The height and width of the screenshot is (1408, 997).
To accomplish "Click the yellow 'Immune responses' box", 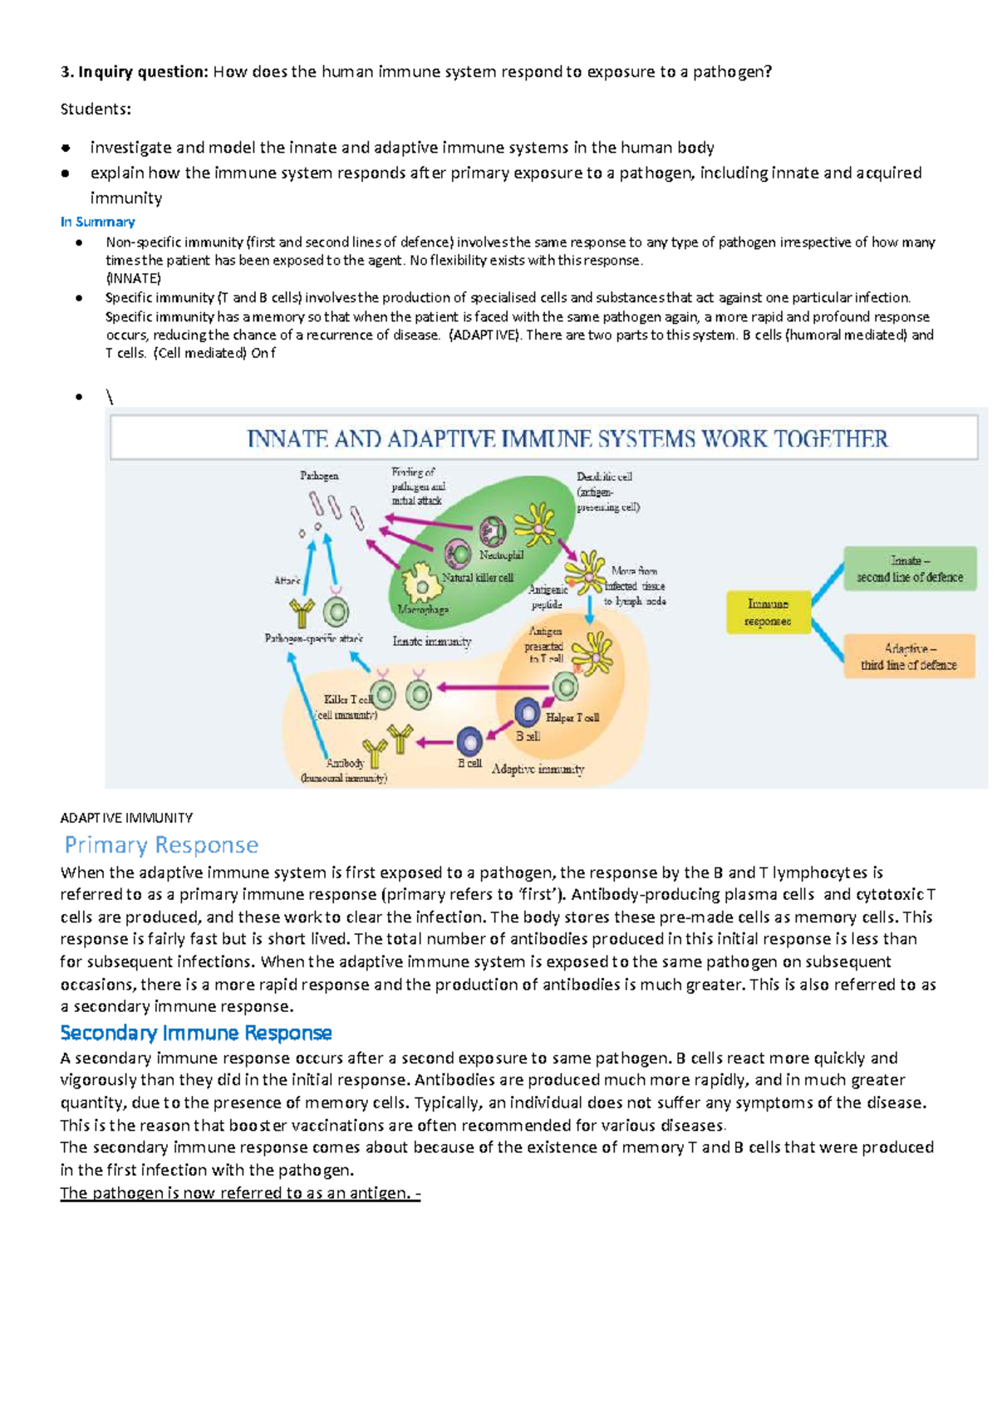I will pyautogui.click(x=768, y=612).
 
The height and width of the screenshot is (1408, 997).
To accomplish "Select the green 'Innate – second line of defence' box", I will pyautogui.click(x=910, y=569).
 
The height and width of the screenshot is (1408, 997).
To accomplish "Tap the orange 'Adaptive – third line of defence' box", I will pyautogui.click(x=909, y=657).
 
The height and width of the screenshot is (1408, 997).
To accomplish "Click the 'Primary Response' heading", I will pyautogui.click(x=161, y=845).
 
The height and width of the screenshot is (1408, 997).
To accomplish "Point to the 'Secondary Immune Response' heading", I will pyautogui.click(x=196, y=1033).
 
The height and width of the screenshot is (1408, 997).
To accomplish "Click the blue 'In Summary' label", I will pyautogui.click(x=97, y=222).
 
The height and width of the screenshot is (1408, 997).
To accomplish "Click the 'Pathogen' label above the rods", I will pyautogui.click(x=319, y=476).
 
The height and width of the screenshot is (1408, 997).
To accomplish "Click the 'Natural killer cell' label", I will pyautogui.click(x=478, y=577).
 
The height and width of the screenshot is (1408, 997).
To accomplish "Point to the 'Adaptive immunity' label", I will pyautogui.click(x=538, y=769).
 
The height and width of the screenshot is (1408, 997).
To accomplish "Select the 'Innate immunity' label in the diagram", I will pyautogui.click(x=431, y=641).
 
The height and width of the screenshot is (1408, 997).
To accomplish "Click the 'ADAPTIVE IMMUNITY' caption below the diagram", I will pyautogui.click(x=126, y=818).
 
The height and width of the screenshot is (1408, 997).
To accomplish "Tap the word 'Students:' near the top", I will pyautogui.click(x=96, y=109).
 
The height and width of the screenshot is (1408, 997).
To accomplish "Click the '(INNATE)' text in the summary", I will pyautogui.click(x=133, y=278).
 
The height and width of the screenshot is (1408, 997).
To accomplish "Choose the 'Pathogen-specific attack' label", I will pyautogui.click(x=313, y=638).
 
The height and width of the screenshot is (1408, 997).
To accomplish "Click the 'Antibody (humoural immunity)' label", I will pyautogui.click(x=344, y=770).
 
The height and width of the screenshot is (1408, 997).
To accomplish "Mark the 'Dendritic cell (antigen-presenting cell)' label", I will pyautogui.click(x=608, y=491).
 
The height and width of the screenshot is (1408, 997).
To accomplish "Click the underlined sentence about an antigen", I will pyautogui.click(x=240, y=1193).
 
